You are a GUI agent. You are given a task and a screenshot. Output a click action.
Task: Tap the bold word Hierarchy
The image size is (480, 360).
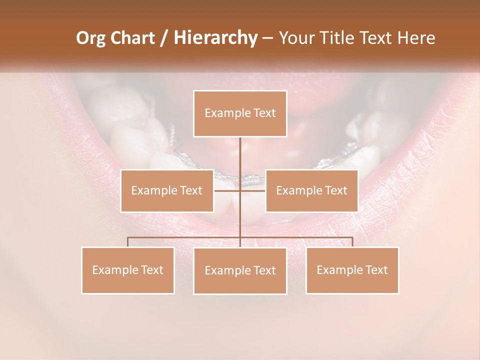click(215, 38)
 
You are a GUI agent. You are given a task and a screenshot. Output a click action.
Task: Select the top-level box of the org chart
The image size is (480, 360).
click(240, 113)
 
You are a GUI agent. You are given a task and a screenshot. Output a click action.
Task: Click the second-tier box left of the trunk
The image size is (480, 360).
click(167, 190)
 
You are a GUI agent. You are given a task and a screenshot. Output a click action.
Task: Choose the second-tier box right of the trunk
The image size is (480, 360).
click(311, 190)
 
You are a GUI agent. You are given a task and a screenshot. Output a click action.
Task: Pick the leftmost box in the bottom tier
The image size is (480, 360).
click(128, 270)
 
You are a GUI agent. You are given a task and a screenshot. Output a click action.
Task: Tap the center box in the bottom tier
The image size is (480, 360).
click(240, 270)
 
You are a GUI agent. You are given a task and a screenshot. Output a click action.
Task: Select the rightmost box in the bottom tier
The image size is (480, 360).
click(352, 270)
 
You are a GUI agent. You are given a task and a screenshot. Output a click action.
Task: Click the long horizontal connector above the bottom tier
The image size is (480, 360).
click(185, 237)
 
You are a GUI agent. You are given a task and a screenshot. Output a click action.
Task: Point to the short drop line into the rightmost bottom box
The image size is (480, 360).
click(352, 242)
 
